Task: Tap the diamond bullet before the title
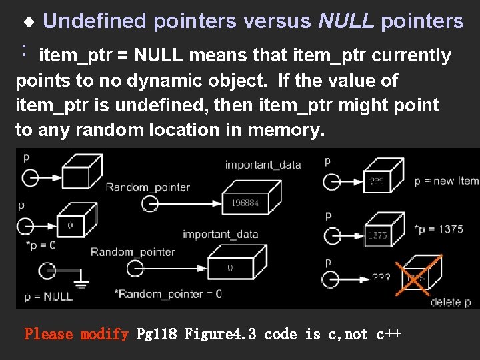[x=29, y=23]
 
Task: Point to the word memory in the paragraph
[x=282, y=129]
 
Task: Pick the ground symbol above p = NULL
[x=80, y=284]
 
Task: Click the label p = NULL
[x=48, y=297]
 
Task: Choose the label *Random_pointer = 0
[x=168, y=293]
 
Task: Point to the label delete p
[x=450, y=302]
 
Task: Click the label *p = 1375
[x=438, y=229]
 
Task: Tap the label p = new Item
[x=446, y=181]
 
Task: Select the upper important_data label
[x=263, y=165]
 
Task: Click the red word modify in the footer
[x=104, y=334]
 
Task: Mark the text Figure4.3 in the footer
[x=220, y=334]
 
